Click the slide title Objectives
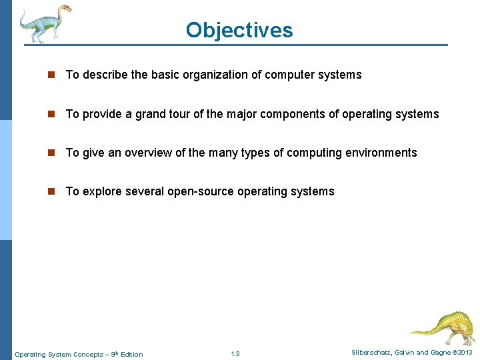coord(239,30)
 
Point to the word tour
coord(179,114)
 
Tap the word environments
coord(380,153)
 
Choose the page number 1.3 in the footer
coord(235,354)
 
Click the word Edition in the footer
coord(131,354)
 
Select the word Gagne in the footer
coord(439,352)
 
